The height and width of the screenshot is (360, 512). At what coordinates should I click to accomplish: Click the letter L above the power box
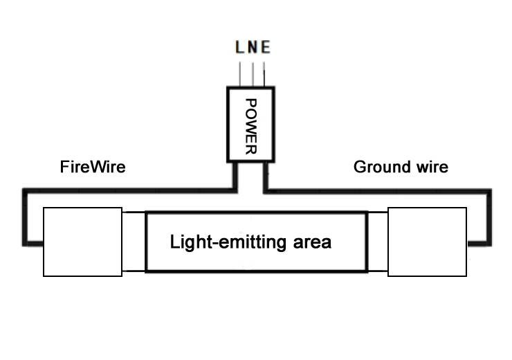[x=240, y=49]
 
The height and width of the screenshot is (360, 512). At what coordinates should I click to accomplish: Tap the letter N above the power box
[x=253, y=49]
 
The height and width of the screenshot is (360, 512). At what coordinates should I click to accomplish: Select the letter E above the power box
[x=266, y=49]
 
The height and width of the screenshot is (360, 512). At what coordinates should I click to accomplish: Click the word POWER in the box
[x=252, y=125]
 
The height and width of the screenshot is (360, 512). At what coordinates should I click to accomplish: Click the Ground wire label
[x=400, y=167]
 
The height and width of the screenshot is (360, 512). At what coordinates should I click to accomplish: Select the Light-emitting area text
[x=250, y=242]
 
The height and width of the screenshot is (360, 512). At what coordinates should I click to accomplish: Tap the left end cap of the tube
[x=83, y=242]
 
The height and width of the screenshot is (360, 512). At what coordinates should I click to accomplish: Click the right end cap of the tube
[x=427, y=242]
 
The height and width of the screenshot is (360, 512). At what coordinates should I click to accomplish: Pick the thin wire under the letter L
[x=240, y=74]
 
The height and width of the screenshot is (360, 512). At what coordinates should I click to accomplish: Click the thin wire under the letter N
[x=253, y=74]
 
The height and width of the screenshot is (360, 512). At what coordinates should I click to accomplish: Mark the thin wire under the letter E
[x=265, y=74]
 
